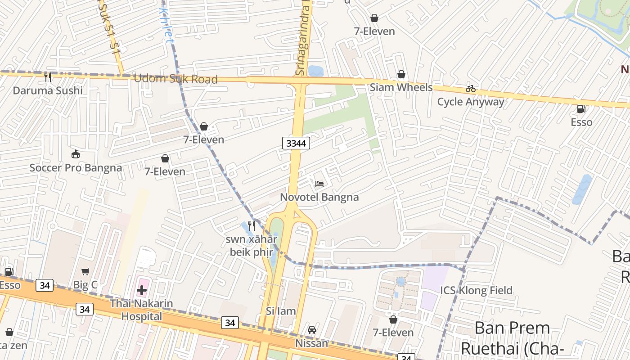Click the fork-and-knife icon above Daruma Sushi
pos(48,77)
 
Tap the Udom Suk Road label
pos(175,79)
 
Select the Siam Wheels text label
pos(401,87)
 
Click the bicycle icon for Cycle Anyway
pos(471,89)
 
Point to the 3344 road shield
pos(296,144)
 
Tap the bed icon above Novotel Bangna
pos(319,184)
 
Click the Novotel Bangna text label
pos(319,197)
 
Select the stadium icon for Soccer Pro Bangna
pos(76,154)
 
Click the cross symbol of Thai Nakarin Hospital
pos(142,290)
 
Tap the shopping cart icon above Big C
pos(85,271)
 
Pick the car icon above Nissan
pos(312,330)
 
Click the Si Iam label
pos(281,311)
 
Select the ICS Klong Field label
pos(476,290)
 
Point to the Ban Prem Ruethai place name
pos(512,337)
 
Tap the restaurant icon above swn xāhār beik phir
pos(252,225)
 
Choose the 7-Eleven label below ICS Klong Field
pos(393,333)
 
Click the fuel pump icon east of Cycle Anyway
pos(581,109)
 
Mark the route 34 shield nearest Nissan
pos(230,323)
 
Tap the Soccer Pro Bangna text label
pos(76,168)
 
